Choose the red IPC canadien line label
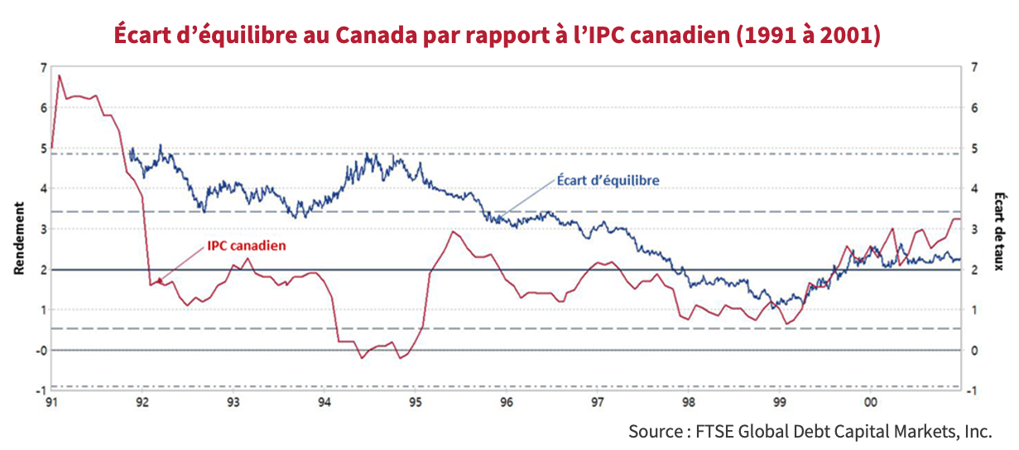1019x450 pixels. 246,246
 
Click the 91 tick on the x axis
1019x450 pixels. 51,403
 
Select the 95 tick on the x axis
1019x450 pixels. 416,403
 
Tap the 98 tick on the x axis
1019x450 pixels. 688,403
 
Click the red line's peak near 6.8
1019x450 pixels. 59,75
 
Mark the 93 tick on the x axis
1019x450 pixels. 233,403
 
